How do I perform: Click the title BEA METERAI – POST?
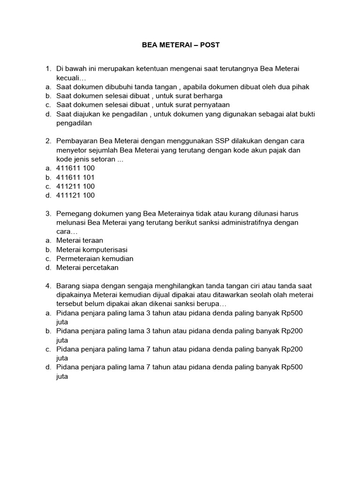[180, 45]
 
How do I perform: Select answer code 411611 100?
[75, 168]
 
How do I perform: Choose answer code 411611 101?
[75, 177]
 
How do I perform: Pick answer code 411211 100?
[75, 186]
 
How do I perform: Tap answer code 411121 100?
[75, 195]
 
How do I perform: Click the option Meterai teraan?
[80, 240]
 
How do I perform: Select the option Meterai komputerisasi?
[92, 249]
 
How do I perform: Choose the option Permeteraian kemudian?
[95, 259]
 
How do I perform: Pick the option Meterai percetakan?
[87, 268]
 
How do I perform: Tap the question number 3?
[48, 213]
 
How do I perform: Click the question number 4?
[48, 286]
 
